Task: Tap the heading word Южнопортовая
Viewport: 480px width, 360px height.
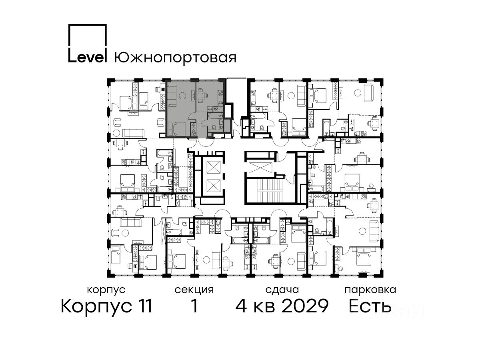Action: pos(175,58)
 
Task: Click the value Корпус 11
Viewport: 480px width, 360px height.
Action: pos(106,306)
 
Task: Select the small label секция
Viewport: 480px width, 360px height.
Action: pos(194,290)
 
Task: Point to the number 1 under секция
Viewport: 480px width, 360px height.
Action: pos(194,306)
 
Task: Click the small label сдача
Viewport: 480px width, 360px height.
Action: pos(282,290)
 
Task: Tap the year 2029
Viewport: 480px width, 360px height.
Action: pos(305,306)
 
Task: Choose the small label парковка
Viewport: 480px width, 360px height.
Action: pos(370,290)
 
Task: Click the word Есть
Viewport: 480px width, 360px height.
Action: pos(370,306)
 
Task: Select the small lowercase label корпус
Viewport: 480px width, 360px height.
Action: pos(106,290)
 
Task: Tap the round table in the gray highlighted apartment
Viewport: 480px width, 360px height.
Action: pos(182,96)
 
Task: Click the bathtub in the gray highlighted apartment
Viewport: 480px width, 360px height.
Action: pos(215,116)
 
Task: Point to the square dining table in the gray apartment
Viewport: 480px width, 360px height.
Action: pos(200,95)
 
